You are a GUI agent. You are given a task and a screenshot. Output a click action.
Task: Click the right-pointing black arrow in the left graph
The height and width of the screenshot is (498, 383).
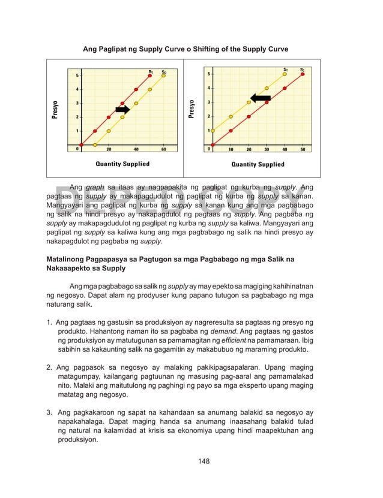tap(122, 109)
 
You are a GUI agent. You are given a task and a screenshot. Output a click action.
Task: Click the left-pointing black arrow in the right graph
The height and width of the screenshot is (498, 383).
tap(261, 98)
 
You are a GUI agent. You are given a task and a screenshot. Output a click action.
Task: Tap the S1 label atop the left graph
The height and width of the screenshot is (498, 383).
tap(151, 72)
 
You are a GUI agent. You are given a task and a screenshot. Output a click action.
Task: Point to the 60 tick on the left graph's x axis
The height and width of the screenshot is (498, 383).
tap(164, 149)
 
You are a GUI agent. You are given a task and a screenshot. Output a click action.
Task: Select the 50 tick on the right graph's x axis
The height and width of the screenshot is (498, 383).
tap(302, 149)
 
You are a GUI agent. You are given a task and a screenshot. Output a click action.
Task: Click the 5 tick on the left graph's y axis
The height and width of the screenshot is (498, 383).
tap(76, 76)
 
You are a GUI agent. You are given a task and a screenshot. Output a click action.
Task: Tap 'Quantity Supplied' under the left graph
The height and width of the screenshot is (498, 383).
tap(122, 164)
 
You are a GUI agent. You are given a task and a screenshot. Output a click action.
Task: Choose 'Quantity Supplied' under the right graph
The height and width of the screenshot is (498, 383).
tap(258, 164)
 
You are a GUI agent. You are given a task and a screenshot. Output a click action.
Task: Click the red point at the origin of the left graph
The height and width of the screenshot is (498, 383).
tap(82, 144)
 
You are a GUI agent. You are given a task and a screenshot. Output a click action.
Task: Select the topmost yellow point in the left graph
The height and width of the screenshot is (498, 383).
tap(164, 76)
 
